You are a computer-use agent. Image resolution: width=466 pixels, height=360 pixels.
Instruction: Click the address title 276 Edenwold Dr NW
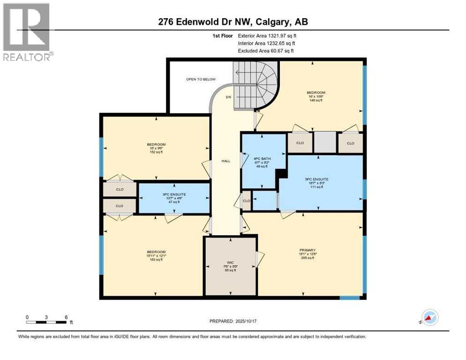pos(233,22)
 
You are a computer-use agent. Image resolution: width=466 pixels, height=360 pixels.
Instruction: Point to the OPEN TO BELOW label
pos(200,79)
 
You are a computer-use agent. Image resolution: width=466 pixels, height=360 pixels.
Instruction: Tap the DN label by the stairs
pos(228,97)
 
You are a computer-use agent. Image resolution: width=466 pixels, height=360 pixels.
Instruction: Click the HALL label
pos(225,161)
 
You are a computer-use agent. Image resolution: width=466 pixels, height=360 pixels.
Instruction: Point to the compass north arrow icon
pos(430,317)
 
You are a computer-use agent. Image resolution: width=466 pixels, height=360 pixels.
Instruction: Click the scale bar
pos(46,322)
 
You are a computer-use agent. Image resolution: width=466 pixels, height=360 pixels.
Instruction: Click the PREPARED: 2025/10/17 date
pos(233,321)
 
